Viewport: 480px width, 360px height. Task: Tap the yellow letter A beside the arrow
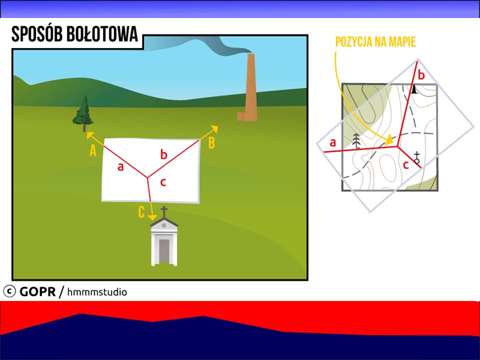point(93,150)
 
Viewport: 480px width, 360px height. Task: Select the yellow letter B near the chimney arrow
point(211,143)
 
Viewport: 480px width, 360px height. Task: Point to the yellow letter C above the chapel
point(141,212)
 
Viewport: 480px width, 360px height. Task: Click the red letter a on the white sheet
point(120,167)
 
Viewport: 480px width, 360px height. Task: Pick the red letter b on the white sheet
point(164,154)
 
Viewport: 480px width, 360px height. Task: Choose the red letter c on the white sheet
point(163,182)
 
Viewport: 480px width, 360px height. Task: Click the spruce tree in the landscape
point(83,113)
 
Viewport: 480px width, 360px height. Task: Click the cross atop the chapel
point(164,211)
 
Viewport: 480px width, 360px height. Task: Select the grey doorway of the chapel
point(164,250)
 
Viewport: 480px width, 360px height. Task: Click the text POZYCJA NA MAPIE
point(375,42)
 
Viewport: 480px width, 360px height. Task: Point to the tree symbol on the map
point(356,141)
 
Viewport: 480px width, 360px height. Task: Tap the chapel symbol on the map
point(416,157)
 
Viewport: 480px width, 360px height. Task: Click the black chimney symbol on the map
point(414,89)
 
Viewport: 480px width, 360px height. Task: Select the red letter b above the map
point(421,74)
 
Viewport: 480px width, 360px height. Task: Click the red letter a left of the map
point(333,142)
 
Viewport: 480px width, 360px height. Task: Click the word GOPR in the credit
point(37,291)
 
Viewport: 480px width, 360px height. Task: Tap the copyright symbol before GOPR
point(9,291)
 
